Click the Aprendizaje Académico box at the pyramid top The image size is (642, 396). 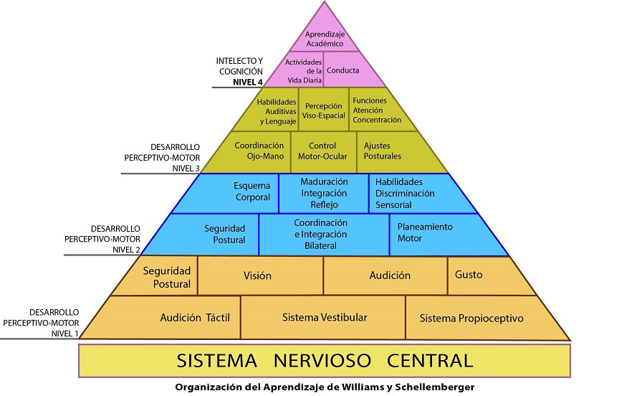324,39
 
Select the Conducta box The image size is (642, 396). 342,70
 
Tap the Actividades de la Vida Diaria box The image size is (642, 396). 303,71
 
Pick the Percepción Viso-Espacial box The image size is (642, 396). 324,110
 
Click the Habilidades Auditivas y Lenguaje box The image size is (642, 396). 276,111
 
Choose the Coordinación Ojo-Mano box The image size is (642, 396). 259,151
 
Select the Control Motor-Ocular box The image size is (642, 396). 322,151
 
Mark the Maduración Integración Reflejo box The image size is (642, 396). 324,193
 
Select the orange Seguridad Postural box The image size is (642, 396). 166,277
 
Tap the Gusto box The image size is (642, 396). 469,275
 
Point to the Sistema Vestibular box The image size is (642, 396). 324,317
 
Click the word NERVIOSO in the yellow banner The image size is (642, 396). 325,360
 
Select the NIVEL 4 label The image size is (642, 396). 247,82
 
